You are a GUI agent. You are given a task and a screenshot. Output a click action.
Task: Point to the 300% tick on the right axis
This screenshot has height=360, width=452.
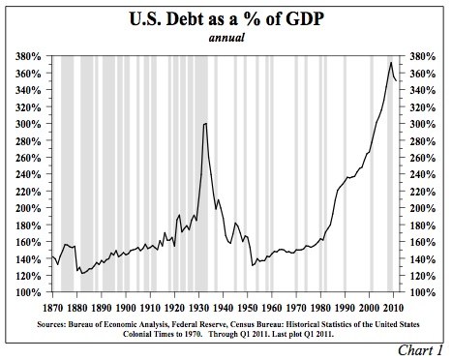(423, 125)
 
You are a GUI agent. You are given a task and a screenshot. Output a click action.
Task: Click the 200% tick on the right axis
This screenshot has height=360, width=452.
(423, 208)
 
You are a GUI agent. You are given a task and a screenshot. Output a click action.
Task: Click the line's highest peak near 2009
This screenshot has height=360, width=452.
(391, 63)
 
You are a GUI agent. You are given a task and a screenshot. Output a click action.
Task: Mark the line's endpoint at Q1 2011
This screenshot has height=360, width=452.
(397, 81)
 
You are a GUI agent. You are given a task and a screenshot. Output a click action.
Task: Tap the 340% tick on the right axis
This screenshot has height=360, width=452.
(423, 91)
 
